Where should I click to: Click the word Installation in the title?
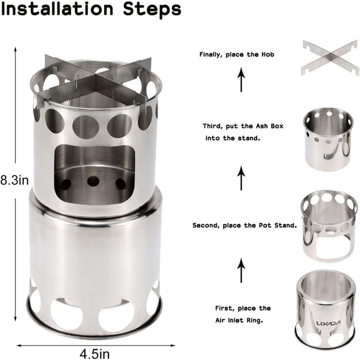(57, 9)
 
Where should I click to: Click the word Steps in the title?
(152, 9)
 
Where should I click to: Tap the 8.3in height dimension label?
(14, 180)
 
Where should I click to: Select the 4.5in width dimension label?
(95, 354)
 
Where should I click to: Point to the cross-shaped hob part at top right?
(331, 58)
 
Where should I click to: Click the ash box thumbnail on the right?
(328, 140)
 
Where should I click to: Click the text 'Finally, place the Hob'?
(237, 55)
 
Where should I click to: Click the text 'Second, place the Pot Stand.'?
(245, 225)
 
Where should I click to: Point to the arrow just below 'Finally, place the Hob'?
(241, 79)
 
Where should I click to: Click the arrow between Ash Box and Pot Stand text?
(241, 178)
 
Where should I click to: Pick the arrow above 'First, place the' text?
(241, 270)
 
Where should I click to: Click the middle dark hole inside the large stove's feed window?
(93, 182)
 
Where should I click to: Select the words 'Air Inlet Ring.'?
(239, 320)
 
